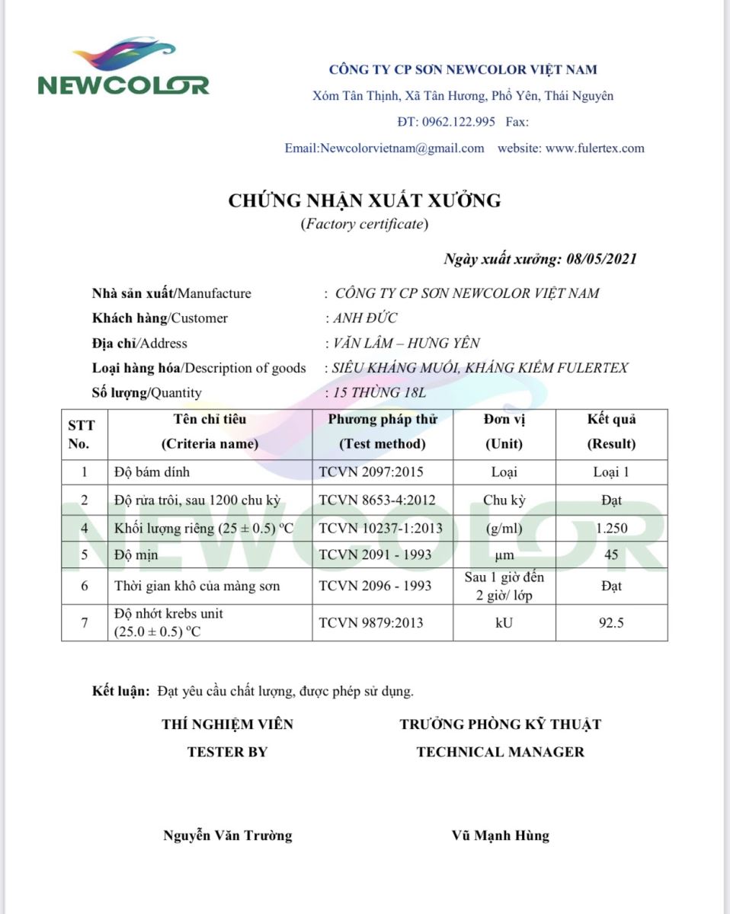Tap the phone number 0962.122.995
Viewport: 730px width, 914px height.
click(x=457, y=122)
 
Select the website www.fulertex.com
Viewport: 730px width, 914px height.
click(x=594, y=149)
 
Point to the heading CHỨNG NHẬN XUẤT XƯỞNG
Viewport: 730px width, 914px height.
click(x=365, y=201)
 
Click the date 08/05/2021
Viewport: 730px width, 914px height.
click(x=602, y=259)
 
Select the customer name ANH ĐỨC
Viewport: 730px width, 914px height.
click(x=363, y=318)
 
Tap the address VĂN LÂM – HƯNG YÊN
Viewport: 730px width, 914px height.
click(x=404, y=344)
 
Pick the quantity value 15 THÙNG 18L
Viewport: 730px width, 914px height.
click(x=378, y=393)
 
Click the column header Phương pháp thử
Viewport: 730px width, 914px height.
click(x=383, y=420)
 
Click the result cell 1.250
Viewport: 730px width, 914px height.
click(x=610, y=528)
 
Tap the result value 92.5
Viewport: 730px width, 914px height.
click(x=611, y=623)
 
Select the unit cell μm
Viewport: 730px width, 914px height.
click(x=504, y=555)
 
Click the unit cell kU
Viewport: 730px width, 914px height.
click(x=504, y=623)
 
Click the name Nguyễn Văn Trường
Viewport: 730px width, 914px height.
click(x=228, y=836)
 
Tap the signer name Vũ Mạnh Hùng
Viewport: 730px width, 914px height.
click(x=500, y=836)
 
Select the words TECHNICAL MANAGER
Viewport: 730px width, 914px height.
click(x=500, y=752)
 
